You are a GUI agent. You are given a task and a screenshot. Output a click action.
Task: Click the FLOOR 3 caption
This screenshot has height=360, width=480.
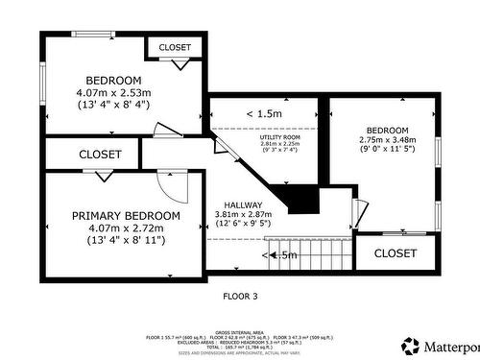pyautogui.click(x=240, y=297)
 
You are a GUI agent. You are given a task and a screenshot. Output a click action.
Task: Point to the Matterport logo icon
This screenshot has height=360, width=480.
pyautogui.click(x=411, y=345)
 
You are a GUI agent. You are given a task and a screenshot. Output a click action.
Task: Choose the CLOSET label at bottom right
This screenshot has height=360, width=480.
pyautogui.click(x=396, y=253)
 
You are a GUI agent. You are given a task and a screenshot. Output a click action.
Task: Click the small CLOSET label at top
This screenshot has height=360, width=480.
pyautogui.click(x=175, y=47)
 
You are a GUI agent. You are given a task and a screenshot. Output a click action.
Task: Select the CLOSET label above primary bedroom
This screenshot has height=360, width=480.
pyautogui.click(x=100, y=154)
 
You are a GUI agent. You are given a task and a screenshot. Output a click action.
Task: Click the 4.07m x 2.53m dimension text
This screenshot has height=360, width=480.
pyautogui.click(x=114, y=92)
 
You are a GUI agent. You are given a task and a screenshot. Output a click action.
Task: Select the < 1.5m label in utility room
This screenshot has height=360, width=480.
pyautogui.click(x=264, y=114)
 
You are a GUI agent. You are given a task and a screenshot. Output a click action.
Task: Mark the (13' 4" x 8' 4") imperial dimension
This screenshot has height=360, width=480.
pyautogui.click(x=114, y=105)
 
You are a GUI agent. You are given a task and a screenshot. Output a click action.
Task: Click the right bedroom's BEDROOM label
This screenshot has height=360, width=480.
pyautogui.click(x=387, y=130)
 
